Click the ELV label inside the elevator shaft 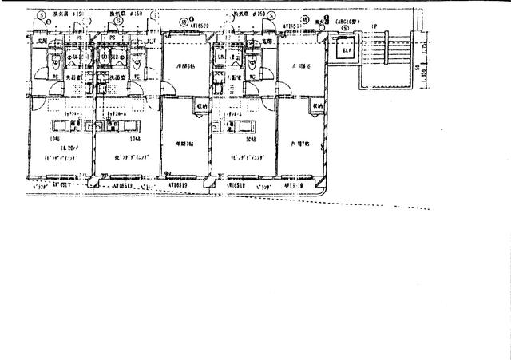[x=347, y=52]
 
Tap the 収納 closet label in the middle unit [x=200, y=105]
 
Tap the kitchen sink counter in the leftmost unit [x=64, y=125]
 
